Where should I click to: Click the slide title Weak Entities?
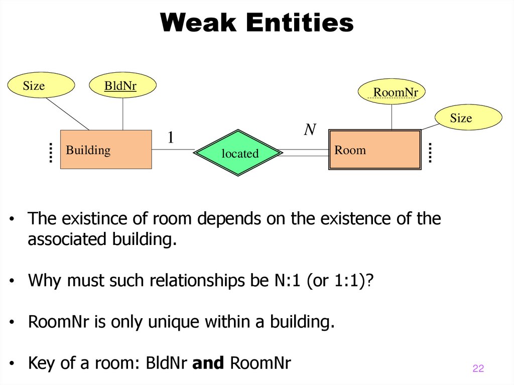[257, 23]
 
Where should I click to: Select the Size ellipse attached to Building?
[41, 86]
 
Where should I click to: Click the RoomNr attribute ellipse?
[392, 92]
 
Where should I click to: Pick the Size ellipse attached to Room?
[468, 118]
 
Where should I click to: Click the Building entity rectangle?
[105, 150]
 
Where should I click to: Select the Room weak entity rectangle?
[374, 150]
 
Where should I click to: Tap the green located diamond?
[238, 153]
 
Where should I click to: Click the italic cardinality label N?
[310, 130]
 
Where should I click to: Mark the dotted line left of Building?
[51, 153]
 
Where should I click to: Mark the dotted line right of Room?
[430, 153]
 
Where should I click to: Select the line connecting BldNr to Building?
[123, 113]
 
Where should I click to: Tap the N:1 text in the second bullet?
[288, 280]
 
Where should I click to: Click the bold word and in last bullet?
[208, 363]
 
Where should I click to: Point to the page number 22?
[478, 369]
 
